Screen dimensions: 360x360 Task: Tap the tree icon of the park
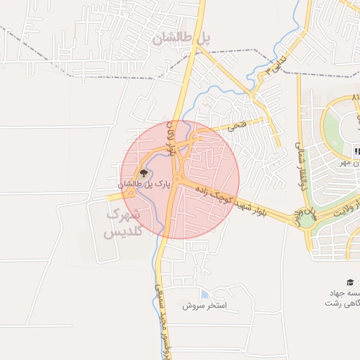pos(143,172)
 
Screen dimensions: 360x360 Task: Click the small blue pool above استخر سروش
pos(205,295)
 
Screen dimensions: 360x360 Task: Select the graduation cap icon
pos(351,280)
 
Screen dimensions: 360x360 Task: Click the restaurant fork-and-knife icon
pos(357,151)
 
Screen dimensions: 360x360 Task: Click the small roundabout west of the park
pos(130,193)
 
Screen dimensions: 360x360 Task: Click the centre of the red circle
pos(180,180)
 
